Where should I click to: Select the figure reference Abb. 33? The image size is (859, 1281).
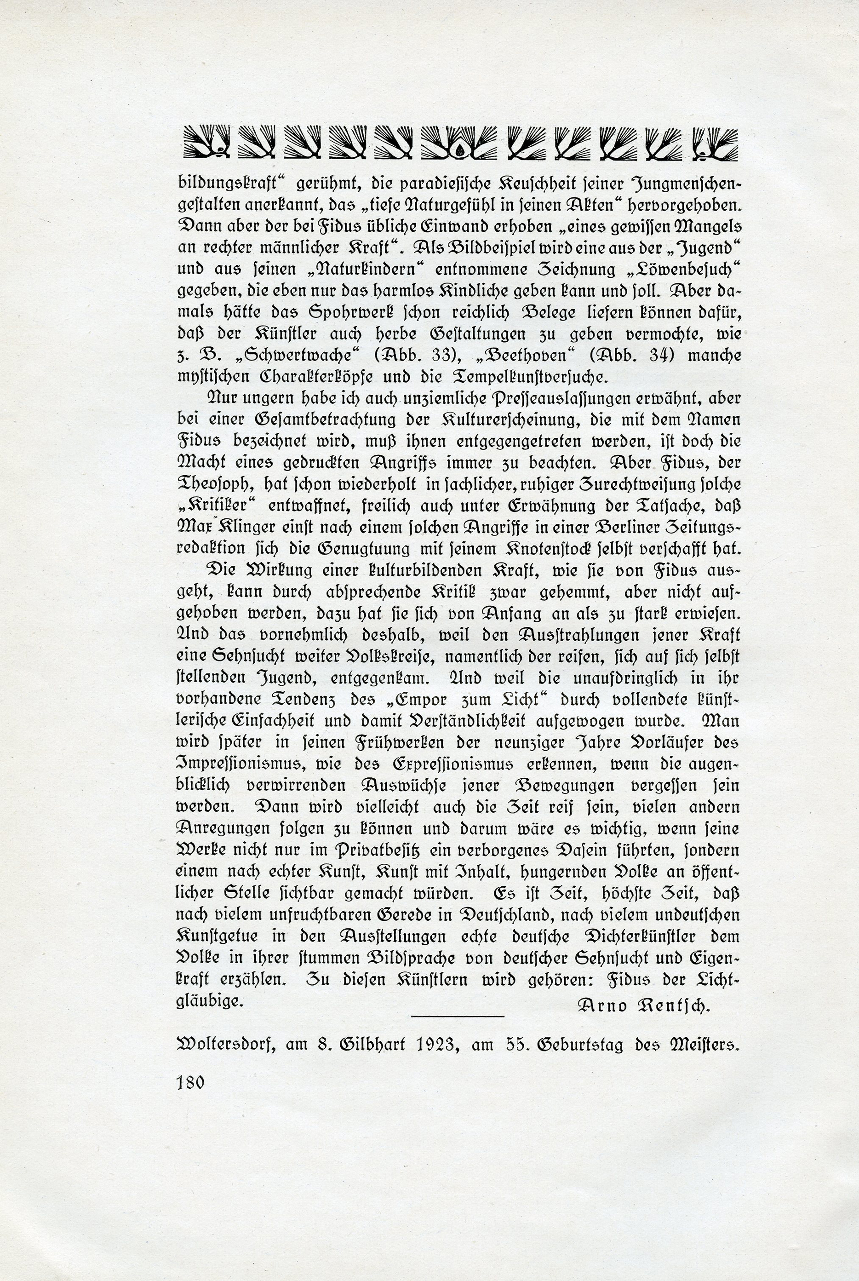click(x=415, y=356)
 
